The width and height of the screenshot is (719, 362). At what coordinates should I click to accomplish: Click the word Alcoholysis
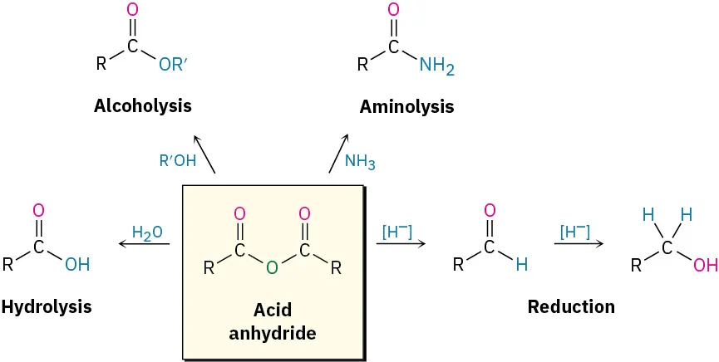143,106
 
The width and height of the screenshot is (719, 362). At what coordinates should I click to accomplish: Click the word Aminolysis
406,107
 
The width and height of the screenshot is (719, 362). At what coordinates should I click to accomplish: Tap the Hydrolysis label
47,306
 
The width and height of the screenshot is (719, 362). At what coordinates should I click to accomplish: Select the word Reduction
571,306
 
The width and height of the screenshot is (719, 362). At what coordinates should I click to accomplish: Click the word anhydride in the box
273,334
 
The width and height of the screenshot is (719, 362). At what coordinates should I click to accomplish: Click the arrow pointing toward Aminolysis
339,153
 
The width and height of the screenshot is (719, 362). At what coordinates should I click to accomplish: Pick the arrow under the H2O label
145,244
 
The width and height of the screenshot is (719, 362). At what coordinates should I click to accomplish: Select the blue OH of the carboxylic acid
77,265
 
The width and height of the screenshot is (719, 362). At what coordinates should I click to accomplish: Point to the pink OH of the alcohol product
705,266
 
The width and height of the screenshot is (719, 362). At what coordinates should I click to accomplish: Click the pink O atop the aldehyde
489,210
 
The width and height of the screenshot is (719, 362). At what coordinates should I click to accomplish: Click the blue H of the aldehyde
521,266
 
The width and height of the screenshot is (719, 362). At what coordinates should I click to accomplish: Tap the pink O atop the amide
394,11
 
